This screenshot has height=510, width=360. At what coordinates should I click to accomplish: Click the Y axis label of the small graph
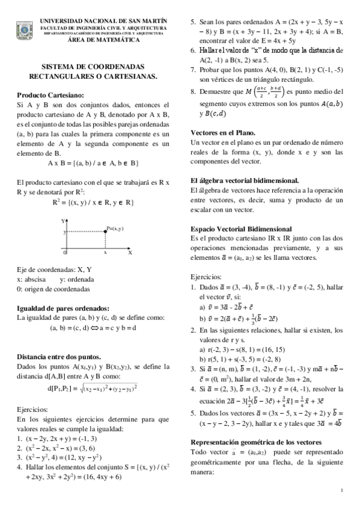pos(63,221)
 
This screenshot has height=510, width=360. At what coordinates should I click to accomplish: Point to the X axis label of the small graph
pos(129,253)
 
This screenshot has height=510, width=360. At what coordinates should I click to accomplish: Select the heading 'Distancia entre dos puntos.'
pos(58,356)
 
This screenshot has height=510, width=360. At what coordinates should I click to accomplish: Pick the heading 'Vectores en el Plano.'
pos(222,132)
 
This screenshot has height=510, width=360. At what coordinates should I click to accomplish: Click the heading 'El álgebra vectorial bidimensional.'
pos(245,180)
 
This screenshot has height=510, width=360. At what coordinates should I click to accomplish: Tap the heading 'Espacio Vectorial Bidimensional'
pos(241,229)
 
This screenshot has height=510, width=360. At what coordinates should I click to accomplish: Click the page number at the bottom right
pos(341,490)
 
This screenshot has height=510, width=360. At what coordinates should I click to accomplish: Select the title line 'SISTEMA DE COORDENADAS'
pos(93,67)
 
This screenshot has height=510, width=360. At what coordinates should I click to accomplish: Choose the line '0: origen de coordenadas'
pos(53,289)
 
